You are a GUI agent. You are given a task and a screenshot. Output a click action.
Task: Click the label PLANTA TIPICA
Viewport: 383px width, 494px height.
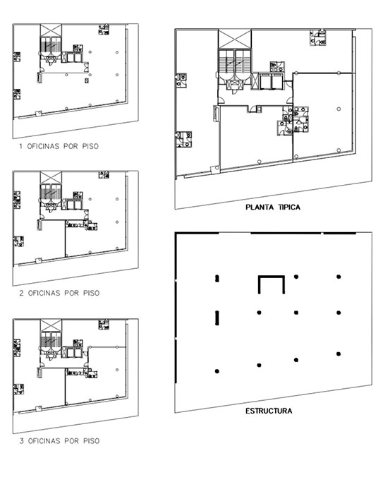tap(273, 207)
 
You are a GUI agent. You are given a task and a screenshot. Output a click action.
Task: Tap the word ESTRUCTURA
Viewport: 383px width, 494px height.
tap(269, 411)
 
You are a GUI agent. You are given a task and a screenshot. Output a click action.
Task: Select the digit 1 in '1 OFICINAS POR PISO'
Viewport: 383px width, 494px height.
tap(21, 146)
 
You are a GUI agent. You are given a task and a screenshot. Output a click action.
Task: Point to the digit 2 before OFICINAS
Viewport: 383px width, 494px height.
tap(21, 293)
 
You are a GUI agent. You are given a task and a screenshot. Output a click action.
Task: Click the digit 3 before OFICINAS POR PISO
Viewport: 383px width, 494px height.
tap(21, 441)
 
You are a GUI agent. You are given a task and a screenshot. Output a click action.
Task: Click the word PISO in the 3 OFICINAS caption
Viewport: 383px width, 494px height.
tap(91, 441)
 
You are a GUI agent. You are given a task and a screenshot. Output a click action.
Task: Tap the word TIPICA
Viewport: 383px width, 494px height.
tap(289, 207)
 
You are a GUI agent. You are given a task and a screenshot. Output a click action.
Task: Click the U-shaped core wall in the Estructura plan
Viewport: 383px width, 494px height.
tap(272, 277)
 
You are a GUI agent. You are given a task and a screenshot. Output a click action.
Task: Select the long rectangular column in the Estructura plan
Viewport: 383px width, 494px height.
tap(217, 318)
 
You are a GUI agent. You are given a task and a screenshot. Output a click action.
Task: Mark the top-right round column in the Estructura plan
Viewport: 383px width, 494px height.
tap(339, 277)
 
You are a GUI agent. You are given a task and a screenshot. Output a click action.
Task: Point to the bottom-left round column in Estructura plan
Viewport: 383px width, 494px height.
tap(217, 371)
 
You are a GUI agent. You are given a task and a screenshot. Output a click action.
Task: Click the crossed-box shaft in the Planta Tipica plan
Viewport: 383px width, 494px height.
tap(235, 39)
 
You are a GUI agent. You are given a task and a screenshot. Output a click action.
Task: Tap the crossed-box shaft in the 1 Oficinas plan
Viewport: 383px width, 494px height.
tap(51, 30)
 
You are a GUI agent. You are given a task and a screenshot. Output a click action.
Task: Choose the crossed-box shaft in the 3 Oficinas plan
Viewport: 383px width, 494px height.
tap(51, 325)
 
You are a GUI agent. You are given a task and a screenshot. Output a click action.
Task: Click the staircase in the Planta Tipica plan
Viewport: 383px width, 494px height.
tap(235, 63)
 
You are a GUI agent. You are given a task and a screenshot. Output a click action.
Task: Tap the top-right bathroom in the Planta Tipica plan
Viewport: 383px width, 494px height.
tap(318, 38)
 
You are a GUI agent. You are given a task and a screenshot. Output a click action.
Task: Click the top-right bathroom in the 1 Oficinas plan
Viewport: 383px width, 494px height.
tap(104, 30)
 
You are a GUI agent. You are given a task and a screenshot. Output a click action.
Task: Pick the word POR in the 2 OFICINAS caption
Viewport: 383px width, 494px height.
tap(71, 293)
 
